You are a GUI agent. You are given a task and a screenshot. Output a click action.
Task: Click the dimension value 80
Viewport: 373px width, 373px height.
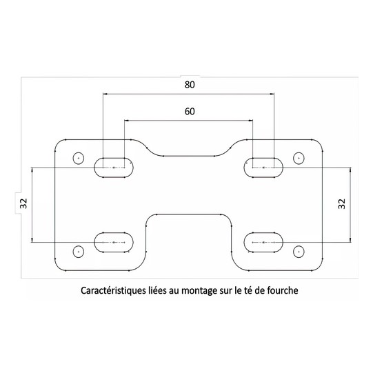pos(190,85)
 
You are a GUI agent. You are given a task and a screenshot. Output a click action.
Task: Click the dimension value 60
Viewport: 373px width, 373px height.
pos(190,111)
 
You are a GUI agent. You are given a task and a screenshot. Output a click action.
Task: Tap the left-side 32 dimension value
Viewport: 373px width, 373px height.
pos(24,203)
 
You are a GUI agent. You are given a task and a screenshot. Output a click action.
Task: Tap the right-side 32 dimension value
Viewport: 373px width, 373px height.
pos(341,203)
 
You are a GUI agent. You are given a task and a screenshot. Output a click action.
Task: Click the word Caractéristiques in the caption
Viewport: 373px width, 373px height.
pos(112,291)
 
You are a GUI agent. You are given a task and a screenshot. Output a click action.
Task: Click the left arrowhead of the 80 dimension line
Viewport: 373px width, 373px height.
pos(105,94)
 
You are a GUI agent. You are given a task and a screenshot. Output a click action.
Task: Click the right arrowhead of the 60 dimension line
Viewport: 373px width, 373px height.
pos(250,121)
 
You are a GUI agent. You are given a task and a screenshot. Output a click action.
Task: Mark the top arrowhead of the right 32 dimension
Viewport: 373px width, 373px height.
pos(350,170)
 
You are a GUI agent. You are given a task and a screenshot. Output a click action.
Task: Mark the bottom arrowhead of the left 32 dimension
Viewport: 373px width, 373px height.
pos(32,240)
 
